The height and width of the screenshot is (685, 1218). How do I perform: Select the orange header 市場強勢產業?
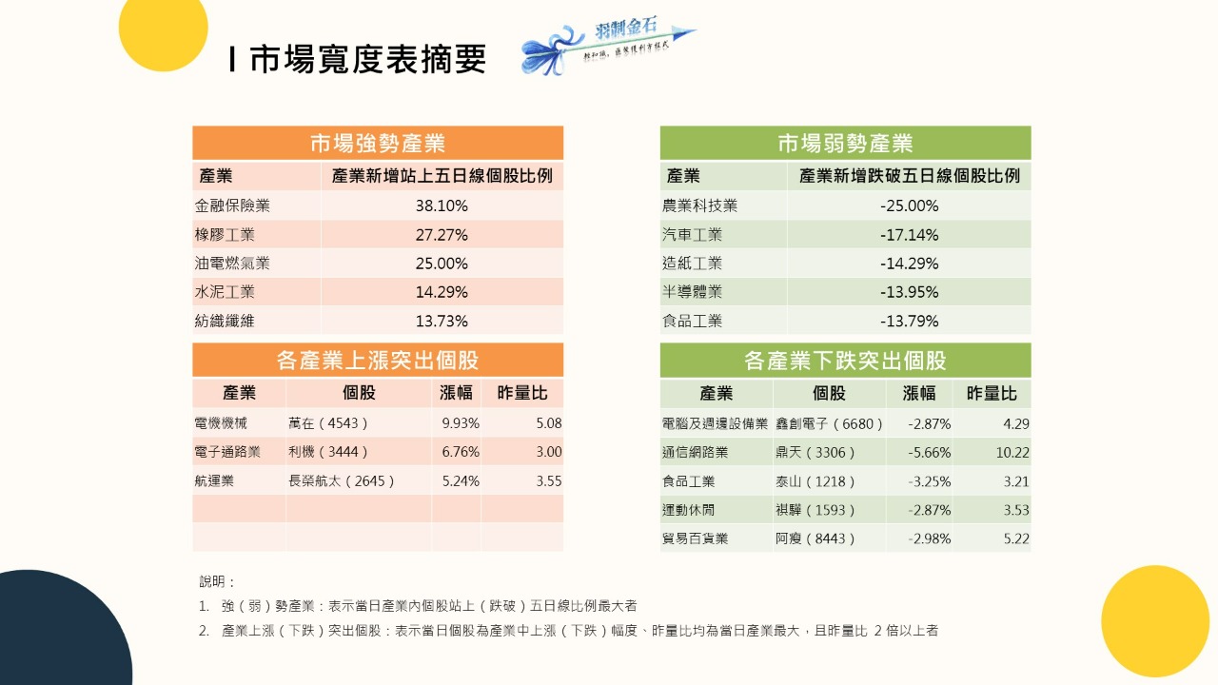pyautogui.click(x=378, y=144)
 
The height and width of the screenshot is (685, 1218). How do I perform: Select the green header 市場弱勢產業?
pyautogui.click(x=845, y=144)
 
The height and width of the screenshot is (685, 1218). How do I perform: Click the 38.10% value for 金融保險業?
pyautogui.click(x=442, y=205)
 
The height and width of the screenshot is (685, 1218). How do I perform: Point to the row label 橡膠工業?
pyautogui.click(x=225, y=234)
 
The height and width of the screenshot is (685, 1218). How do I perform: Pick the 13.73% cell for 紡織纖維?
pyautogui.click(x=442, y=321)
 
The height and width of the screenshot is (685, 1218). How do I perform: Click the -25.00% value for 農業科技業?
pyautogui.click(x=909, y=205)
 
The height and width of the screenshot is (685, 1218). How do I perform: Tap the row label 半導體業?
pyautogui.click(x=692, y=292)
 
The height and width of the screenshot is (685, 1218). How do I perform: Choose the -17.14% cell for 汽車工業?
pyautogui.click(x=909, y=234)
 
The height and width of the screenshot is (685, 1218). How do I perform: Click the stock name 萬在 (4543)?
pyautogui.click(x=327, y=423)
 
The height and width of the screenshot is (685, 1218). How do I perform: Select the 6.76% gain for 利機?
pyautogui.click(x=461, y=452)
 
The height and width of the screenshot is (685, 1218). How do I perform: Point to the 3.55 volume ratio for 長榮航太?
pyautogui.click(x=548, y=481)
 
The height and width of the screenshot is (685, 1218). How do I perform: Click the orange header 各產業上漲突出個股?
pyautogui.click(x=378, y=361)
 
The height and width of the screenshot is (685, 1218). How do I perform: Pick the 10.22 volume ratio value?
pyautogui.click(x=1012, y=453)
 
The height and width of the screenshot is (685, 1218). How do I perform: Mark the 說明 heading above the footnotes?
pyautogui.click(x=217, y=581)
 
